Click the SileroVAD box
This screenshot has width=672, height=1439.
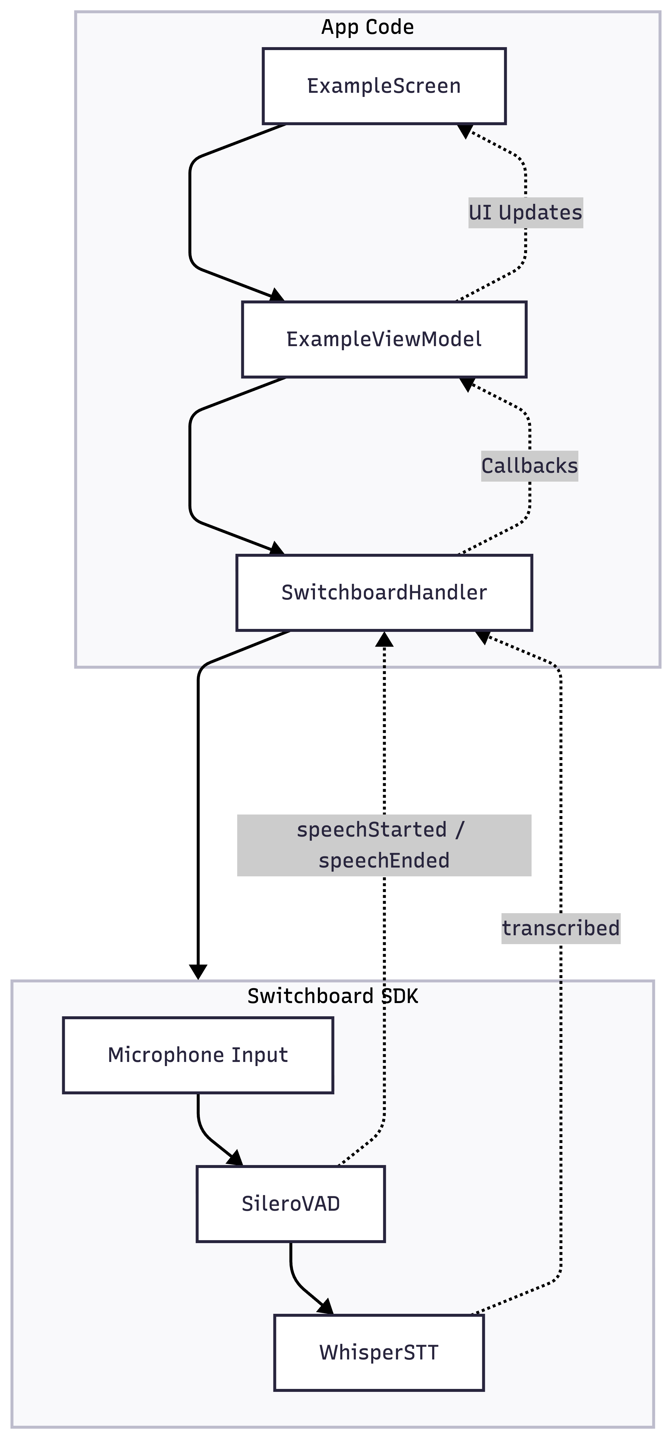(x=290, y=1203)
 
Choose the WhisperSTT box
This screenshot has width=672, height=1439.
(x=379, y=1352)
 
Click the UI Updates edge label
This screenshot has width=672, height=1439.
(x=525, y=212)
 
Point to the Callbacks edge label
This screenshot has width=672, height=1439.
(x=529, y=465)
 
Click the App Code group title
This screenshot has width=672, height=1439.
(x=368, y=27)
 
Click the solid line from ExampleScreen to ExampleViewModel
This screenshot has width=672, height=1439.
(x=191, y=212)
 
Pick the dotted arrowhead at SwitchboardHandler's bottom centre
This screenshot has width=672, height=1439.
(x=384, y=639)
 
